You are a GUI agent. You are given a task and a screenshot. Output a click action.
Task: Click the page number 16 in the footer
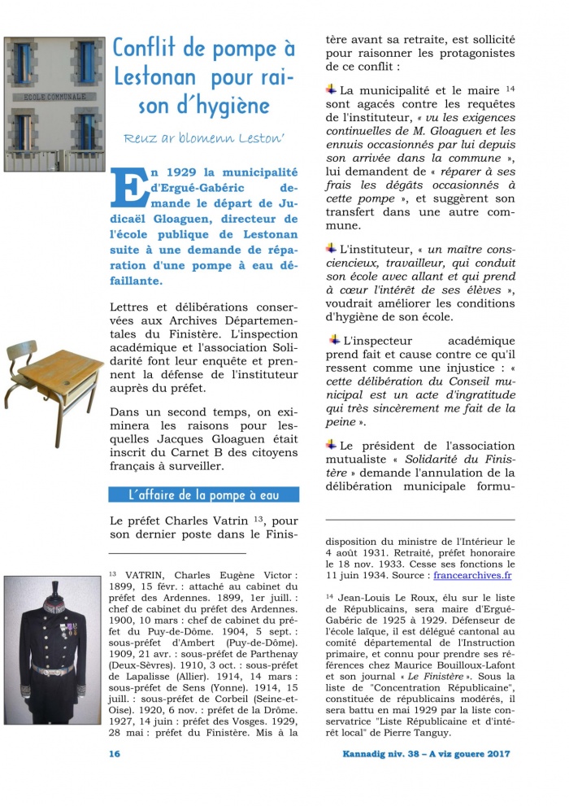115,754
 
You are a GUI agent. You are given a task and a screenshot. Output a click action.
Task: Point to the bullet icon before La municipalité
332,89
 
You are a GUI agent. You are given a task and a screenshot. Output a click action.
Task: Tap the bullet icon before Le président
332,445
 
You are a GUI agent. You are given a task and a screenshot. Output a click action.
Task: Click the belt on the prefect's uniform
52,669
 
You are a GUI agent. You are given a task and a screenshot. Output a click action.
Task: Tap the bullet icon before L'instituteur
332,247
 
